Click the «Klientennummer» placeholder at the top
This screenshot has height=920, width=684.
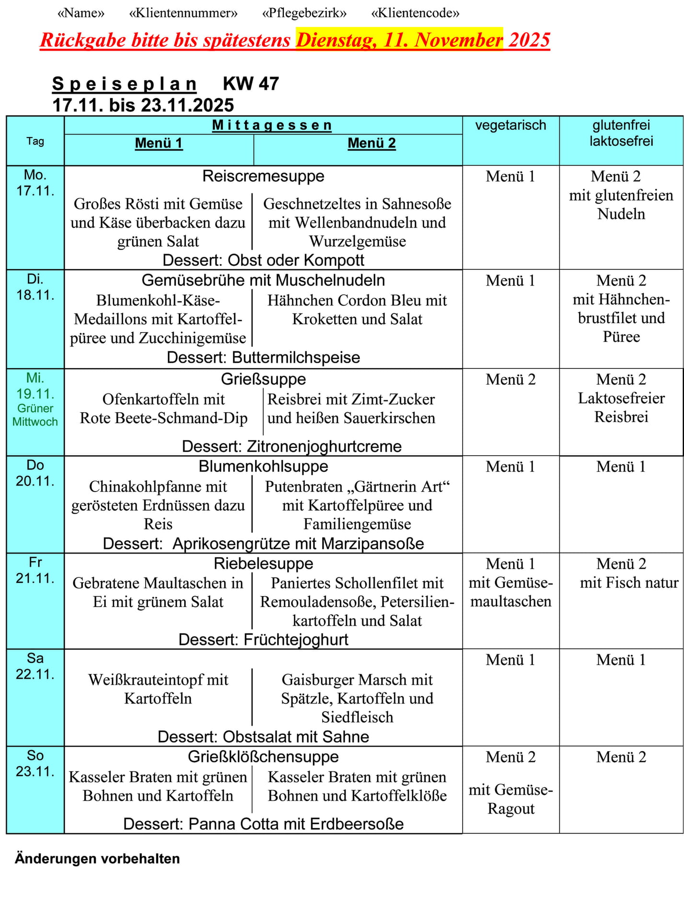pos(183,13)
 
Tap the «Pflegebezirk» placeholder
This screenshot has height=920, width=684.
pos(304,13)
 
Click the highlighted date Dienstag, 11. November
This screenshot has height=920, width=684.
pos(399,40)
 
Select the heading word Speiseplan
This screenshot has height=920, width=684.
pos(124,84)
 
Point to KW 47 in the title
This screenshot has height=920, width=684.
pos(251,84)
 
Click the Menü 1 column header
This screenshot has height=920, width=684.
pos(159,143)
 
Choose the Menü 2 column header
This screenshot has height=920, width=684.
pos(371,143)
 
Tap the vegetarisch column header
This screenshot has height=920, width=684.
pos(510,126)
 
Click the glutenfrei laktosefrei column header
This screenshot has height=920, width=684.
pos(621,133)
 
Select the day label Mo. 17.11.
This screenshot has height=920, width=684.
pos(35,183)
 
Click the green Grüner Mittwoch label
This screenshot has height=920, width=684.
pos(35,415)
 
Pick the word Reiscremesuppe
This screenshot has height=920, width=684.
pos(263,176)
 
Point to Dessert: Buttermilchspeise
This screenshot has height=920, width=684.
pos(263,357)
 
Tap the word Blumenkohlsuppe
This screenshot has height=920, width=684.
pos(263,466)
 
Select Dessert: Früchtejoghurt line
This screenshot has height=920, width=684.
pos(263,640)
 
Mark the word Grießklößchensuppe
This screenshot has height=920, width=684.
pos(263,757)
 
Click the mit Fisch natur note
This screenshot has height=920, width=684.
pos(629,583)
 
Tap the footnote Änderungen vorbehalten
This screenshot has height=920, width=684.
pos(97,858)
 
